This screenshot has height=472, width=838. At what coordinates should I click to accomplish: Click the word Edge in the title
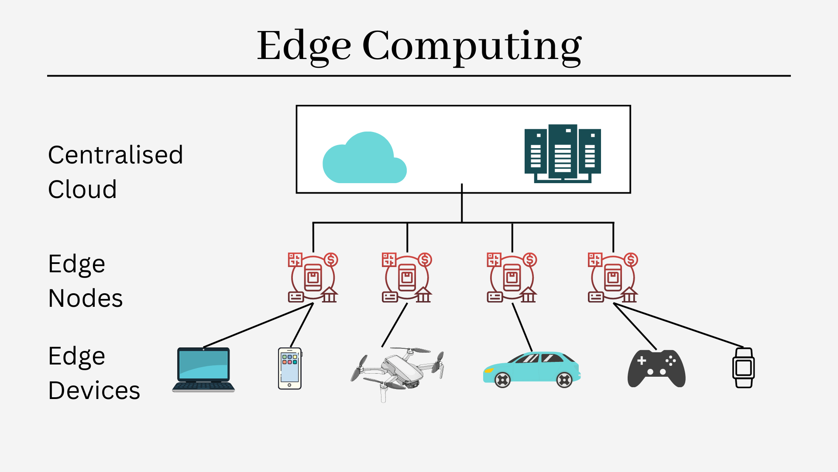(304, 46)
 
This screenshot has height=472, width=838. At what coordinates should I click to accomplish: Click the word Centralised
(115, 155)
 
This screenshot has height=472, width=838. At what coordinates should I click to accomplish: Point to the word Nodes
(86, 298)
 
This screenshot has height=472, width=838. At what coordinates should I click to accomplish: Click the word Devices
(94, 391)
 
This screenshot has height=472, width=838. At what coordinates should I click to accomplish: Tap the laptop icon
(203, 370)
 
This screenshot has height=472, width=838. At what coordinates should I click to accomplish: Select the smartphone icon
(290, 368)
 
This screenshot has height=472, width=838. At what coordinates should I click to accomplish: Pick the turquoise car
(532, 369)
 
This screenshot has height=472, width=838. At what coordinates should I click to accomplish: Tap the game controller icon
(656, 368)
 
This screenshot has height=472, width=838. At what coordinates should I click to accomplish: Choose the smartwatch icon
(743, 368)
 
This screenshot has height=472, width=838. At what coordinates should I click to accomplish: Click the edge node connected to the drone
(407, 278)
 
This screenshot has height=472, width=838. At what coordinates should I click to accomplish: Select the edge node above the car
(512, 278)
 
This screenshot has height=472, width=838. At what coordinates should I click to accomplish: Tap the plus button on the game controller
(642, 361)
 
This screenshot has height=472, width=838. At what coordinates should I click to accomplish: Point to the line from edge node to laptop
(258, 326)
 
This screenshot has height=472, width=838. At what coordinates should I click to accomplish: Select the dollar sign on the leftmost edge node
(331, 260)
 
